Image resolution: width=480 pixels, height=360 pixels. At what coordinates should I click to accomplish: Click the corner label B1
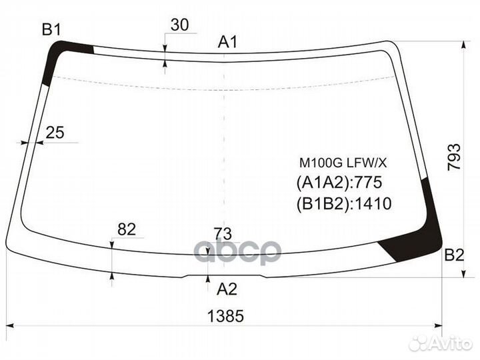coord(52,30)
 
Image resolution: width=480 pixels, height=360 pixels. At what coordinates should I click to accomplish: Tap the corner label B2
coord(454,255)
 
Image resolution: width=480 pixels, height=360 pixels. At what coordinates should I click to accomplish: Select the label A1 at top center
coord(227,41)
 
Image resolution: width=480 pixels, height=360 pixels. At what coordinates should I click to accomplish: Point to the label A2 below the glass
coord(227,289)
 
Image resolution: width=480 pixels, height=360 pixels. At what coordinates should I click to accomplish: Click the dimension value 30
coord(180,25)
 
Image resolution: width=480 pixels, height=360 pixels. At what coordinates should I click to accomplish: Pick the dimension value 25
coord(55,133)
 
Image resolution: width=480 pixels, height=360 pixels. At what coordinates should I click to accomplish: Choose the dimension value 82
coord(127,229)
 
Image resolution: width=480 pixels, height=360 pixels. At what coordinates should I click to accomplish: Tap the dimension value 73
coord(223,234)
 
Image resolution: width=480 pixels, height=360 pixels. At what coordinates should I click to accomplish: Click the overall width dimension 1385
coord(225,316)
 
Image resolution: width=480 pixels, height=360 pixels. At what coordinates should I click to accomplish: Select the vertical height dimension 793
coord(454,157)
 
